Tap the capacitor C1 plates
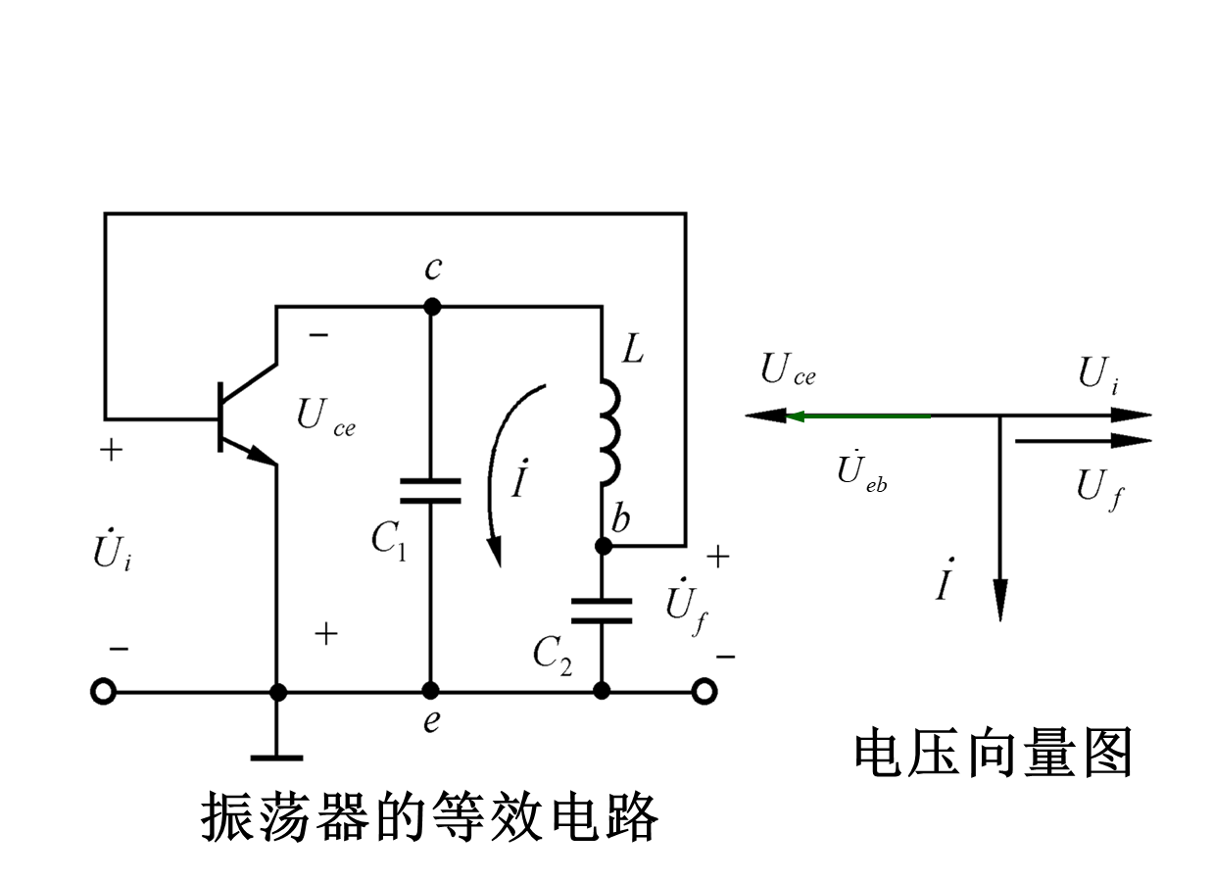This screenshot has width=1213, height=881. (430, 490)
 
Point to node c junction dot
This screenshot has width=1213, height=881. (431, 307)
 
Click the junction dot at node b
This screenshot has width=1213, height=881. (604, 545)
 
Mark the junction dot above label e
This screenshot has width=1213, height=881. (430, 692)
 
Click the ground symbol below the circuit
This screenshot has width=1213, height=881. (277, 757)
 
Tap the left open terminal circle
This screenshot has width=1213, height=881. (103, 692)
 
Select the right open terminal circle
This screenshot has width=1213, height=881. (704, 692)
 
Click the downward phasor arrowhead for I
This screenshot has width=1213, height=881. (999, 603)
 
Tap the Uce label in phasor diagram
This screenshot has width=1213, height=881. (788, 371)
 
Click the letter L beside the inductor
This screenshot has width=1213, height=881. (634, 350)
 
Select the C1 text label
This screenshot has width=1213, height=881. (389, 538)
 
